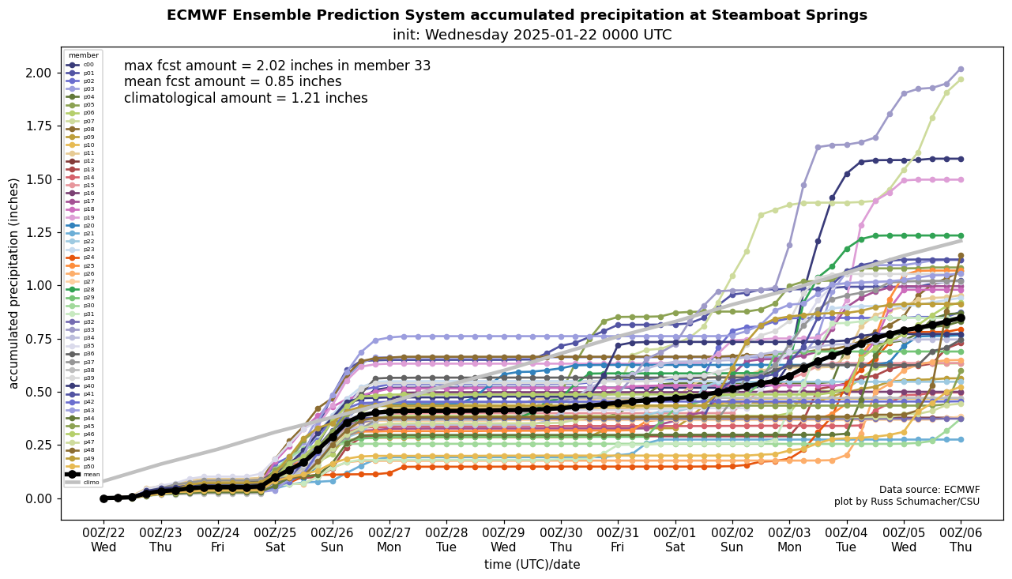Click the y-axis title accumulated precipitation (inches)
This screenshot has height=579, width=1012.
(x=14, y=283)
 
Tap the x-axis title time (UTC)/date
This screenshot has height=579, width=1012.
(x=532, y=564)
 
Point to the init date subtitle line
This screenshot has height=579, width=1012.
(x=532, y=35)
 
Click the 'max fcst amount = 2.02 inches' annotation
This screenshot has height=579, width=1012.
(x=277, y=66)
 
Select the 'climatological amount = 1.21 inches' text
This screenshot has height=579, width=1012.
(x=246, y=98)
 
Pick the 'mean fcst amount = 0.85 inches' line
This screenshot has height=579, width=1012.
(x=233, y=82)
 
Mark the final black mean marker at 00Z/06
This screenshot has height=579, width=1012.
(x=961, y=318)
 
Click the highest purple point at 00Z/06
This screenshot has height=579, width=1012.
(x=961, y=69)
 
